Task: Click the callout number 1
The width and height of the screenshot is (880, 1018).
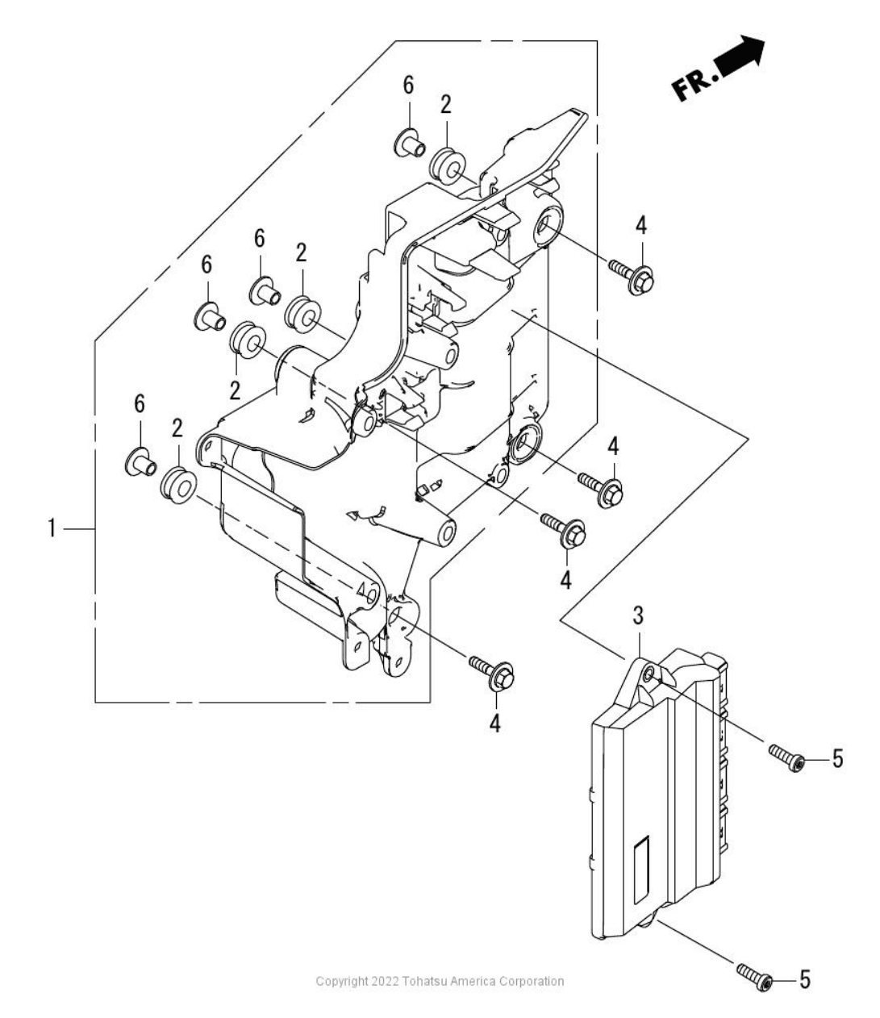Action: (x=51, y=528)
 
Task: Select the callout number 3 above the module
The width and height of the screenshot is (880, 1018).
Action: (x=638, y=615)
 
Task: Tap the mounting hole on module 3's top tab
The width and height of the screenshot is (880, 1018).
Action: (x=649, y=672)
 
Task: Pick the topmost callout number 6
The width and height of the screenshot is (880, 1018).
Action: (x=408, y=86)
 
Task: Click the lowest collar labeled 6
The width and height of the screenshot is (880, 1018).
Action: (x=141, y=462)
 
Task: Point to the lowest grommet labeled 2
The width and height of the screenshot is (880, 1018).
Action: (x=178, y=486)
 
